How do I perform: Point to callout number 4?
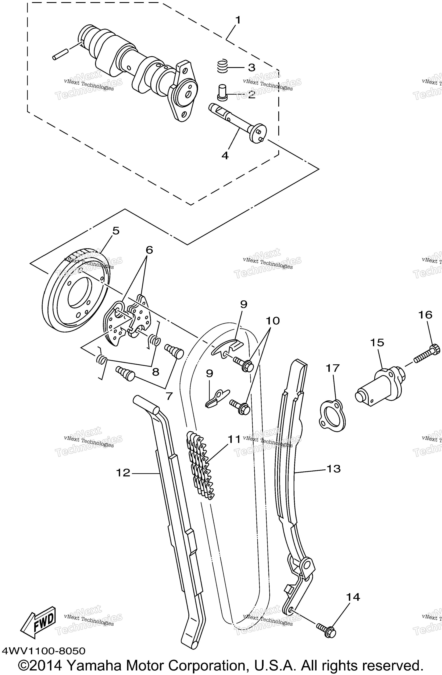point(225,155)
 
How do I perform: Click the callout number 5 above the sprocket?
point(116,231)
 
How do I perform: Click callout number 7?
point(169,396)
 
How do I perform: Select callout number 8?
point(156,372)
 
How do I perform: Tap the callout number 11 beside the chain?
point(234,439)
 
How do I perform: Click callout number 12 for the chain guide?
point(123,473)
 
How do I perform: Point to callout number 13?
point(334,469)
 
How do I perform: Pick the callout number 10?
point(272,321)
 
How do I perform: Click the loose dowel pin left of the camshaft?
point(60,55)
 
